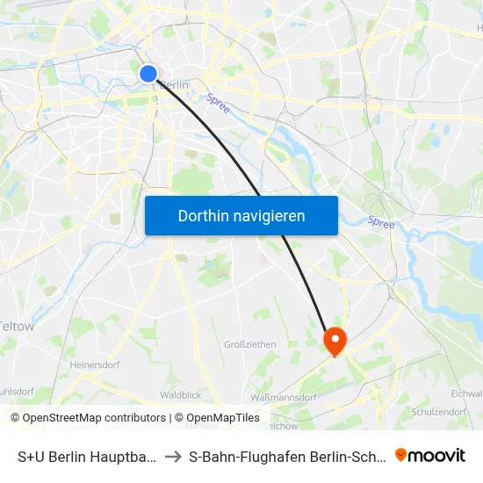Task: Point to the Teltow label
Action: click(x=18, y=326)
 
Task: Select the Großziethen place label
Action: click(x=251, y=344)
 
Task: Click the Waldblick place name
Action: click(x=181, y=396)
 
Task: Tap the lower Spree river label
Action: click(x=381, y=224)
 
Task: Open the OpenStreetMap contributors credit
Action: click(x=88, y=418)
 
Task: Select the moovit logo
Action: click(x=430, y=455)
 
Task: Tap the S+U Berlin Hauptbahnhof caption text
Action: click(x=88, y=456)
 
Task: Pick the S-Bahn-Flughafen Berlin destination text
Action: click(x=285, y=456)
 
